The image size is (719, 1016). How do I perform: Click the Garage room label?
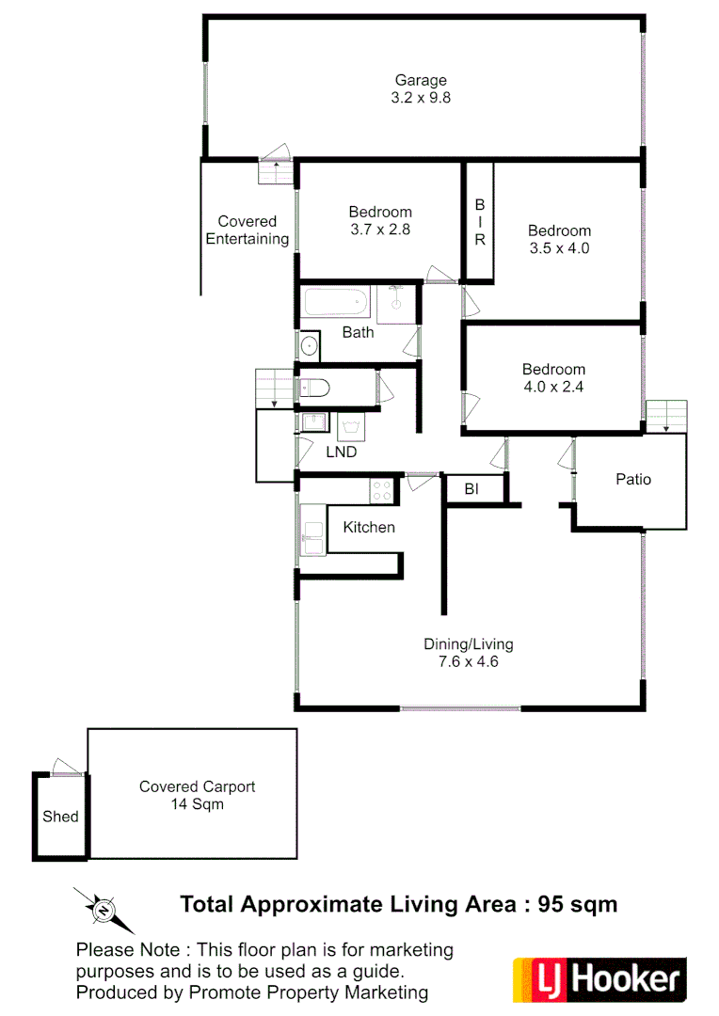click(421, 80)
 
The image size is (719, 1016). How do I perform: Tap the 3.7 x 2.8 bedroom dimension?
click(380, 229)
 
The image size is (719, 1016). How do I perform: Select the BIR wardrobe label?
click(479, 221)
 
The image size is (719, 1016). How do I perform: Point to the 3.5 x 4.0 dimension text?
click(559, 248)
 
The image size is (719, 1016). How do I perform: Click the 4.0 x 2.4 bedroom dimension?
click(553, 386)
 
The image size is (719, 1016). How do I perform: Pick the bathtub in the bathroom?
click(335, 303)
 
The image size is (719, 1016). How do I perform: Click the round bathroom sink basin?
click(310, 346)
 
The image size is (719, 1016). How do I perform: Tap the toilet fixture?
click(312, 388)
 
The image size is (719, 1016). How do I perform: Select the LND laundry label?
click(341, 452)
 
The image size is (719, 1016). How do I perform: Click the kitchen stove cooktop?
click(381, 490)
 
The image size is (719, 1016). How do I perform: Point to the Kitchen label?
click(369, 527)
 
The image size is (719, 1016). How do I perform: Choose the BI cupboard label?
click(472, 488)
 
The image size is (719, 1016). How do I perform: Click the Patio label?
click(633, 479)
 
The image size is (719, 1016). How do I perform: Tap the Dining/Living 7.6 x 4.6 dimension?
click(468, 661)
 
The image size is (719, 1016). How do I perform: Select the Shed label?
click(60, 816)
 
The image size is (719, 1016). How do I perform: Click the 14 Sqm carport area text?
click(197, 804)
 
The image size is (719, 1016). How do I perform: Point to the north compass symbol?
click(103, 909)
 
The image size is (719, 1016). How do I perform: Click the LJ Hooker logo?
click(599, 980)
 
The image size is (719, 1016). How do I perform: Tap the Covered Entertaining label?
click(248, 230)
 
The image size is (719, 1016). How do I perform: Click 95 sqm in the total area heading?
click(577, 904)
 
